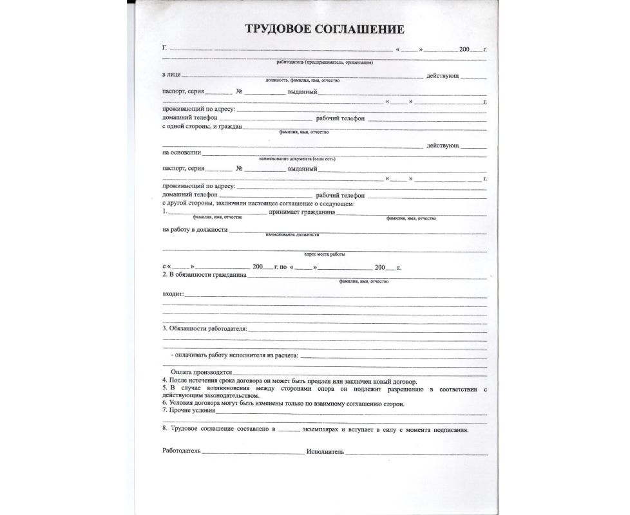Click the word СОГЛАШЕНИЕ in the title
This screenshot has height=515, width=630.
pos(361,29)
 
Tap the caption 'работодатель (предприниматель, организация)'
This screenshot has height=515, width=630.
pos(325,62)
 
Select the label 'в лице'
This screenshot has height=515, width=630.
pos(171,76)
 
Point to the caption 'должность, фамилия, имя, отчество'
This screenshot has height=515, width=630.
pos(302,81)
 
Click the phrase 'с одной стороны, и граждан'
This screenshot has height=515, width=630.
pos(202,126)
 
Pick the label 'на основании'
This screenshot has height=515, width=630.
pos(181,153)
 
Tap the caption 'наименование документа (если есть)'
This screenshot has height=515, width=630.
pos(297,158)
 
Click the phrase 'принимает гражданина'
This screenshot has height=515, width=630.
pos(303,211)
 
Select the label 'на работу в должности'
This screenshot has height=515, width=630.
pos(194,230)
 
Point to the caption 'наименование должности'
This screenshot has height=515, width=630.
pos(292,235)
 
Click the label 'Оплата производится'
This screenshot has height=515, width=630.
pos(200,373)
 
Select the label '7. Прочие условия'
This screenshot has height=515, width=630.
pos(189,410)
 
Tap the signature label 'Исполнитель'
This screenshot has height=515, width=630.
pos(325,451)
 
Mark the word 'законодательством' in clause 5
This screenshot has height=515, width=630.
pos(232,396)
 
